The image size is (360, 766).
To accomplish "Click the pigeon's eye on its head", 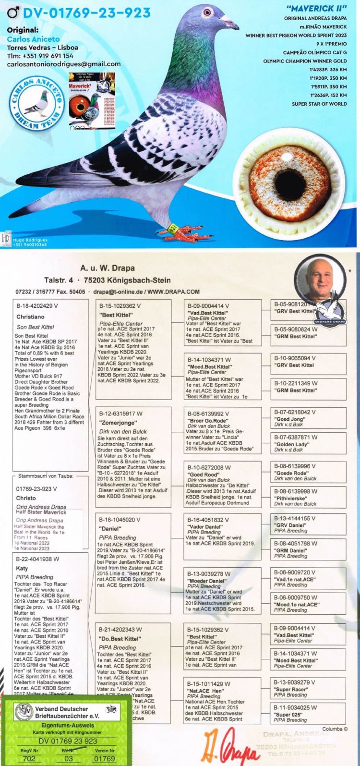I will (x=207, y=12).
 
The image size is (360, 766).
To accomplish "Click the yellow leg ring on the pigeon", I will (x=174, y=223).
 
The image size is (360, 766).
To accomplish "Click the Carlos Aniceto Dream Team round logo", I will (x=39, y=104).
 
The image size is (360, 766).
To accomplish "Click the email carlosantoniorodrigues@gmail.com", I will (x=64, y=64).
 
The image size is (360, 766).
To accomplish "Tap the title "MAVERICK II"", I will (x=316, y=9).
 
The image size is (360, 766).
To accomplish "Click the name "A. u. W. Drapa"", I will (x=107, y=268).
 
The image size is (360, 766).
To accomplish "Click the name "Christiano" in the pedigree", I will (x=30, y=317).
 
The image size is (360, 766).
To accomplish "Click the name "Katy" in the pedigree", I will (x=22, y=568).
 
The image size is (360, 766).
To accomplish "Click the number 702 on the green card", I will (x=29, y=758).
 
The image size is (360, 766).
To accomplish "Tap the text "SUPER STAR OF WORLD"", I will (x=319, y=104).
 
